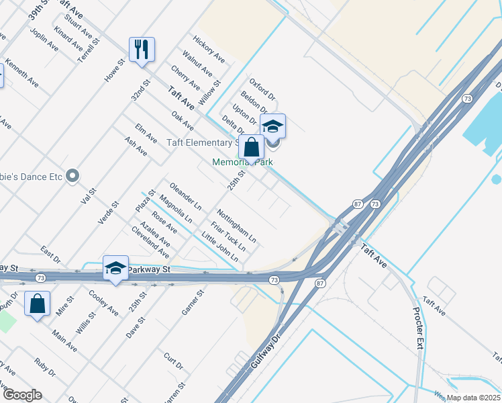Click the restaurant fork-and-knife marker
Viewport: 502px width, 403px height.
142,50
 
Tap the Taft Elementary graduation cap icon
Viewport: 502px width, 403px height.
272,126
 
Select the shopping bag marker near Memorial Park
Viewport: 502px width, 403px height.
251,147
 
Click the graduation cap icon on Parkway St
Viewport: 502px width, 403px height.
115,268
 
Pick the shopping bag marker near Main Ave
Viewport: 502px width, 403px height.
38,303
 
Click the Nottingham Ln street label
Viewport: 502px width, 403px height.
236,225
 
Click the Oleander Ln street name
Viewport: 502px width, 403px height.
186,194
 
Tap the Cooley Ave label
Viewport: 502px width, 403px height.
103,302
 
